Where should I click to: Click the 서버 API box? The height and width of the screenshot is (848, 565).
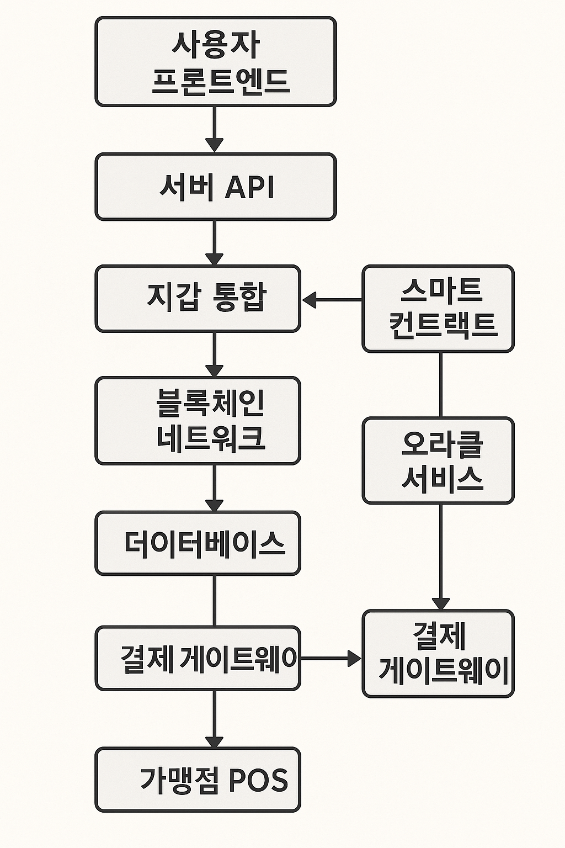215,187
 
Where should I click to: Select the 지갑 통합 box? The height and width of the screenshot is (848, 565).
198,299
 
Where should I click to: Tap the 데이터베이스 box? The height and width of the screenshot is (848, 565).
198,543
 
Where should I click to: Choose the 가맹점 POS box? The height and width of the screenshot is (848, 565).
198,780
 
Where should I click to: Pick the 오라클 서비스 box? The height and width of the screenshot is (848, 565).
438,460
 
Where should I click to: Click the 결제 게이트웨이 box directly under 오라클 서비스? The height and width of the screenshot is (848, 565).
438,653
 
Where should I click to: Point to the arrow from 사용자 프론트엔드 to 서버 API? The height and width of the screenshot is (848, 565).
214,129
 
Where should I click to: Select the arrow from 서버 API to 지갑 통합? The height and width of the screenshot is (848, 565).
214,243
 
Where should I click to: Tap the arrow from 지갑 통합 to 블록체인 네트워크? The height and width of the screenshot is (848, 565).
214,354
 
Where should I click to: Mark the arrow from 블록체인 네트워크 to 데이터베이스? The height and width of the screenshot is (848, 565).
214,488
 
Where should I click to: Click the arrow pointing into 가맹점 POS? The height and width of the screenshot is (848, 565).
214,719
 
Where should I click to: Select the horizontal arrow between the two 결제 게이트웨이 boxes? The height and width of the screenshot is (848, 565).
330,658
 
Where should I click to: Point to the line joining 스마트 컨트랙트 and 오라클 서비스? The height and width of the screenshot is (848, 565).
440,385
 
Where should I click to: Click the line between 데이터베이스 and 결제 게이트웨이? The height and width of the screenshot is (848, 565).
214,601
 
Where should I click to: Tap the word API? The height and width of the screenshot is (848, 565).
249,187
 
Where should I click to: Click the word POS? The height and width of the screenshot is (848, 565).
258,780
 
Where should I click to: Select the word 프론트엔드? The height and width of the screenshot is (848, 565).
220,81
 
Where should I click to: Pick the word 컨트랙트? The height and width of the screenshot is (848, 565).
443,325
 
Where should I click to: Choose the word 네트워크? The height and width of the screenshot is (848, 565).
211,438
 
